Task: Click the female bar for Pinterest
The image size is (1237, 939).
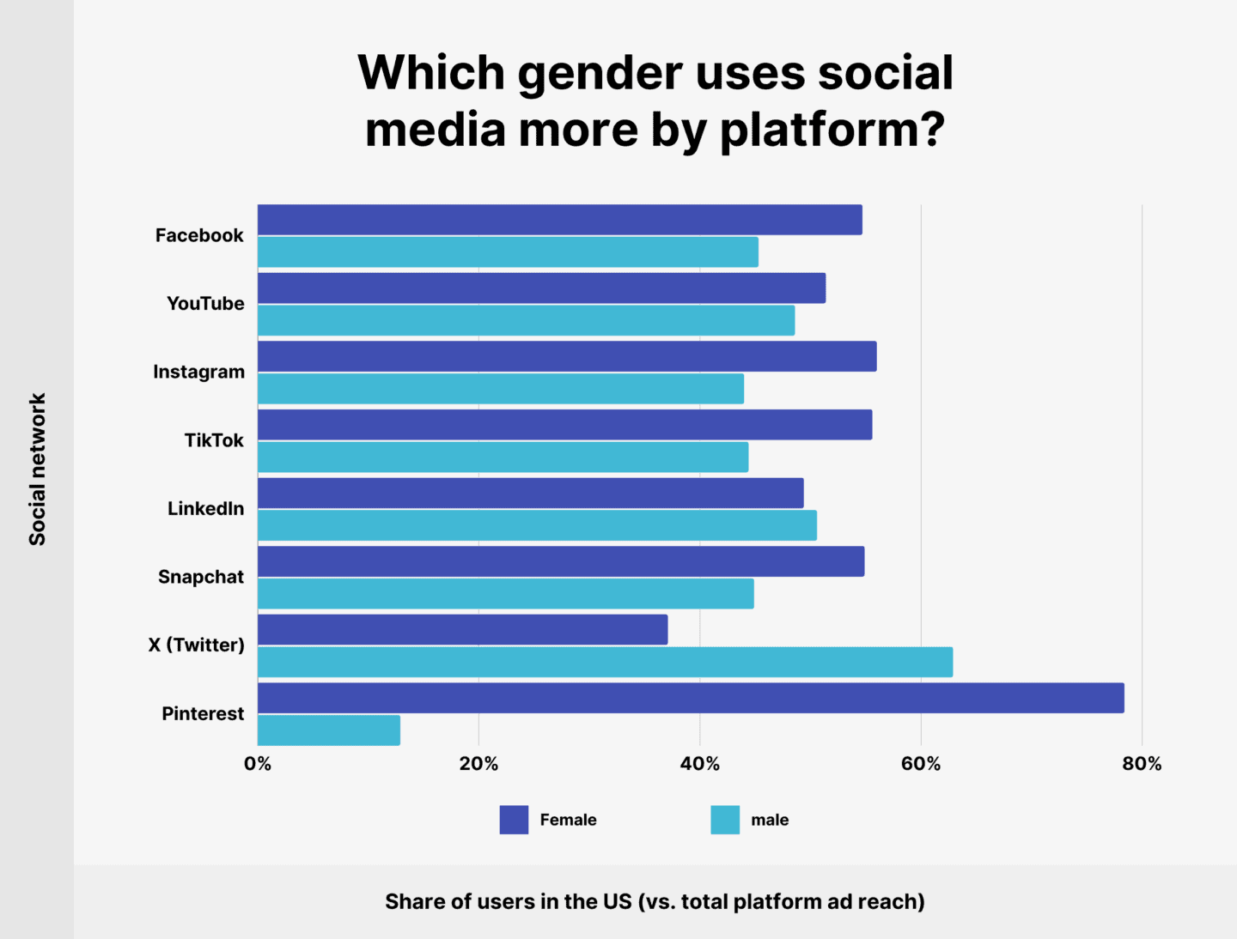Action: point(691,698)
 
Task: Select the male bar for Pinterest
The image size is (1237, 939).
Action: point(329,730)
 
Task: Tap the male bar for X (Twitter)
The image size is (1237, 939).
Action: point(605,662)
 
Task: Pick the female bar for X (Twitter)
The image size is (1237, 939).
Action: point(462,630)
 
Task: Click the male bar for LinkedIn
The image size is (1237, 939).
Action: point(537,525)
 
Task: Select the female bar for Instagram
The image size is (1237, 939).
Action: point(567,356)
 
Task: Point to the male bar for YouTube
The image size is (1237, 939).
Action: point(526,320)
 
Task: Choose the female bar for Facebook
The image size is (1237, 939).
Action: point(560,220)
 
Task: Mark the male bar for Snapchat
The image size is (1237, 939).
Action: point(505,594)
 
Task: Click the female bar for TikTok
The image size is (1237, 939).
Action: point(564,425)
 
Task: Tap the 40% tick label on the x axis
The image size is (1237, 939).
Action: point(699,764)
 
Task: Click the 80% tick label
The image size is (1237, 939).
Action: point(1142,764)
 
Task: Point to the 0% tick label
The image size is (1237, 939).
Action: point(258,764)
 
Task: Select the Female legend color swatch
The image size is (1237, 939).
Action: point(514,820)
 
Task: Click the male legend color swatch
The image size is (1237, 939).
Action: point(725,820)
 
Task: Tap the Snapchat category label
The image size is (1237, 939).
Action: point(201,577)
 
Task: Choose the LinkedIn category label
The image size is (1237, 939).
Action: point(205,509)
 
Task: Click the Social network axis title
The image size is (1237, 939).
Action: point(37,469)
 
